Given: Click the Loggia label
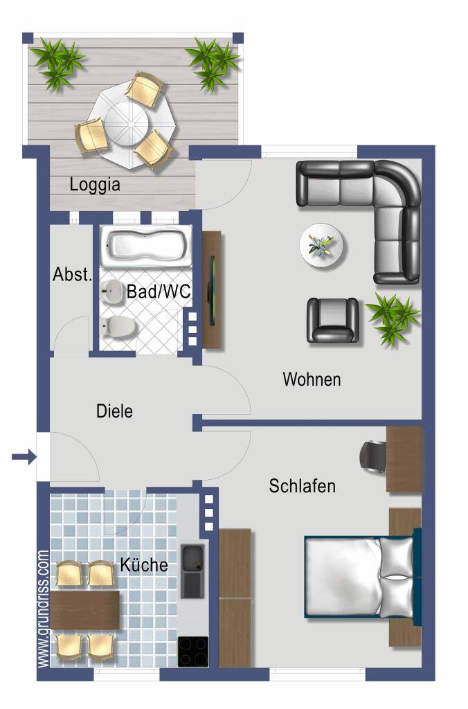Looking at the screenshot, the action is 95,185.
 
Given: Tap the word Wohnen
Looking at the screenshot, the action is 312,379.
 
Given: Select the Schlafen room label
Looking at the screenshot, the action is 302,486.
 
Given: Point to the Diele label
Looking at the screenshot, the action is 114,411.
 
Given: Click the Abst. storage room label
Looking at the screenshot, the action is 73,274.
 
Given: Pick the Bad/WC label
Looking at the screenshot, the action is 159,291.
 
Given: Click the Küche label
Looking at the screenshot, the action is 144,565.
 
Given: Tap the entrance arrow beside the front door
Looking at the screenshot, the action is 24,457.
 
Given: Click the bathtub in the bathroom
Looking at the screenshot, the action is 146,246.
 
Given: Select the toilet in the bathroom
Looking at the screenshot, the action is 118,327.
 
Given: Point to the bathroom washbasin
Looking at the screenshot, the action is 111,292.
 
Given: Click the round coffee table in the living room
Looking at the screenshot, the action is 321,246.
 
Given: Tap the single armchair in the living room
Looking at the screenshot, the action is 333,320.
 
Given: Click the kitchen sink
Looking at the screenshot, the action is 192,571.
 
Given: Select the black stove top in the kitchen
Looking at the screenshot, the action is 193,652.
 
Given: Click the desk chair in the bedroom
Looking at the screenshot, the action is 372,457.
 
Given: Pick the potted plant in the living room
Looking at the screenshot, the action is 393,318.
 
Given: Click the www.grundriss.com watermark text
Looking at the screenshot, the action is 43,609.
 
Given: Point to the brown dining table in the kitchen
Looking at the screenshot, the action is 84,610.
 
